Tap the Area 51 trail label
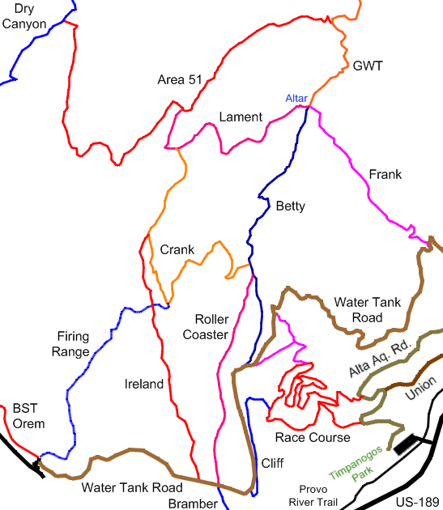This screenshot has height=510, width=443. point(181,79)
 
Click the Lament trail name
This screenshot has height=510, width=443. point(241,117)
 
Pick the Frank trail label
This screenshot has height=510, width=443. point(385,175)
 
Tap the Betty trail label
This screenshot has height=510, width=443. point(290,206)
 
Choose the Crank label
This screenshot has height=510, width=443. point(177,250)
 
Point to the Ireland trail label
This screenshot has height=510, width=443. point(144,384)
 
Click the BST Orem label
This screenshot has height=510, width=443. point(28,416)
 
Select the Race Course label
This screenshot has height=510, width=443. point(313,438)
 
